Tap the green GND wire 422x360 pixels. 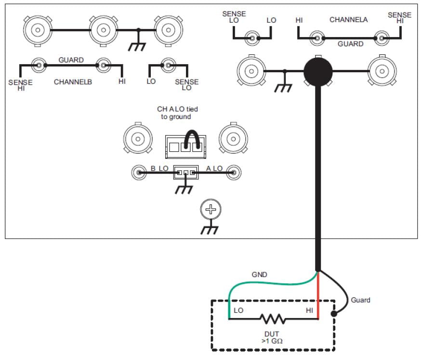pyautogui.click(x=270, y=283)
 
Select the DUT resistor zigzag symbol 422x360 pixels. pyautogui.click(x=273, y=319)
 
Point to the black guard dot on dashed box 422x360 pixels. pyautogui.click(x=334, y=314)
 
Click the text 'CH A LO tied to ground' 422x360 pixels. pyautogui.click(x=177, y=113)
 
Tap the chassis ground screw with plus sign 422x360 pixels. pyautogui.click(x=210, y=209)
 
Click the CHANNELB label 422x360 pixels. pyautogui.click(x=73, y=82)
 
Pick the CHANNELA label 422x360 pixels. pyautogui.click(x=348, y=20)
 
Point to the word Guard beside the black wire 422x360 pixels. pyautogui.click(x=360, y=300)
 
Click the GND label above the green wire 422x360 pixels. pyautogui.click(x=260, y=275)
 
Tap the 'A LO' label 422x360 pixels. pyautogui.click(x=214, y=168)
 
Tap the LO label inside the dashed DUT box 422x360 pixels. pyautogui.click(x=238, y=310)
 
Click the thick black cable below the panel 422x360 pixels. pyautogui.click(x=318, y=193)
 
